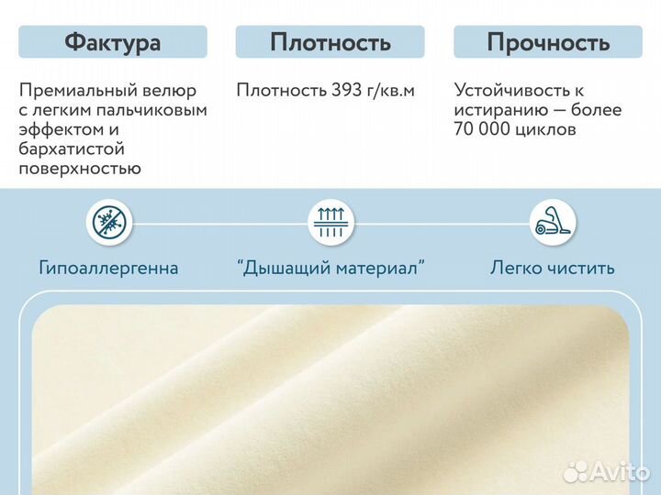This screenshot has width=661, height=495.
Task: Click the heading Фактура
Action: coord(113,42)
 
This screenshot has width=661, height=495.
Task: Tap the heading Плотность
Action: coord(330,42)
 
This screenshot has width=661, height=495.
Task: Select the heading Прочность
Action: coord(548,42)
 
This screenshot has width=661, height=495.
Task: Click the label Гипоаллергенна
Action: coord(109,269)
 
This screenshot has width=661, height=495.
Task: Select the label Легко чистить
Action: coord(553,269)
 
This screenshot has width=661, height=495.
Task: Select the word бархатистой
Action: coord(72,149)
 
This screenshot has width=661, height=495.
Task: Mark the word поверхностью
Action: coord(79,169)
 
